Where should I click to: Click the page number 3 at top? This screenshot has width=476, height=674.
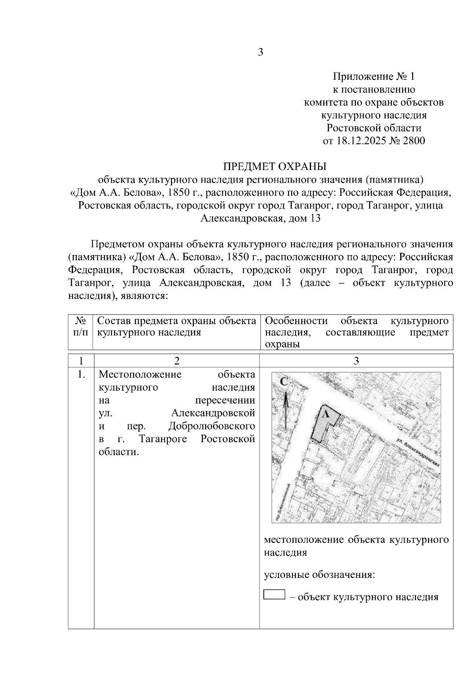point(261,52)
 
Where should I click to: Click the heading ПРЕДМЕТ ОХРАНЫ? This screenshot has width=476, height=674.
point(274,166)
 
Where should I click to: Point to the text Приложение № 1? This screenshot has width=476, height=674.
point(373,76)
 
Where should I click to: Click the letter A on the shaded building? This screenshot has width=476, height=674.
point(325,414)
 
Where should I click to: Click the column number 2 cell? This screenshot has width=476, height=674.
point(177,361)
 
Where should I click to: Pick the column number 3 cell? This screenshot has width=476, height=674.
point(356,361)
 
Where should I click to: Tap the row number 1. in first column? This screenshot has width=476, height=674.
point(81,374)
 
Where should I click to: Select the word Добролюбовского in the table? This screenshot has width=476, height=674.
point(211,426)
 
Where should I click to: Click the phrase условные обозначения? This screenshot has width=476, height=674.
point(319,575)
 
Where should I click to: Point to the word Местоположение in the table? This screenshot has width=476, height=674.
point(140,374)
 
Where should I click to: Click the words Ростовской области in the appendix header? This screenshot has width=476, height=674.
point(373,128)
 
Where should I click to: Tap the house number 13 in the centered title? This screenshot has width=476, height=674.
point(315,218)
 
